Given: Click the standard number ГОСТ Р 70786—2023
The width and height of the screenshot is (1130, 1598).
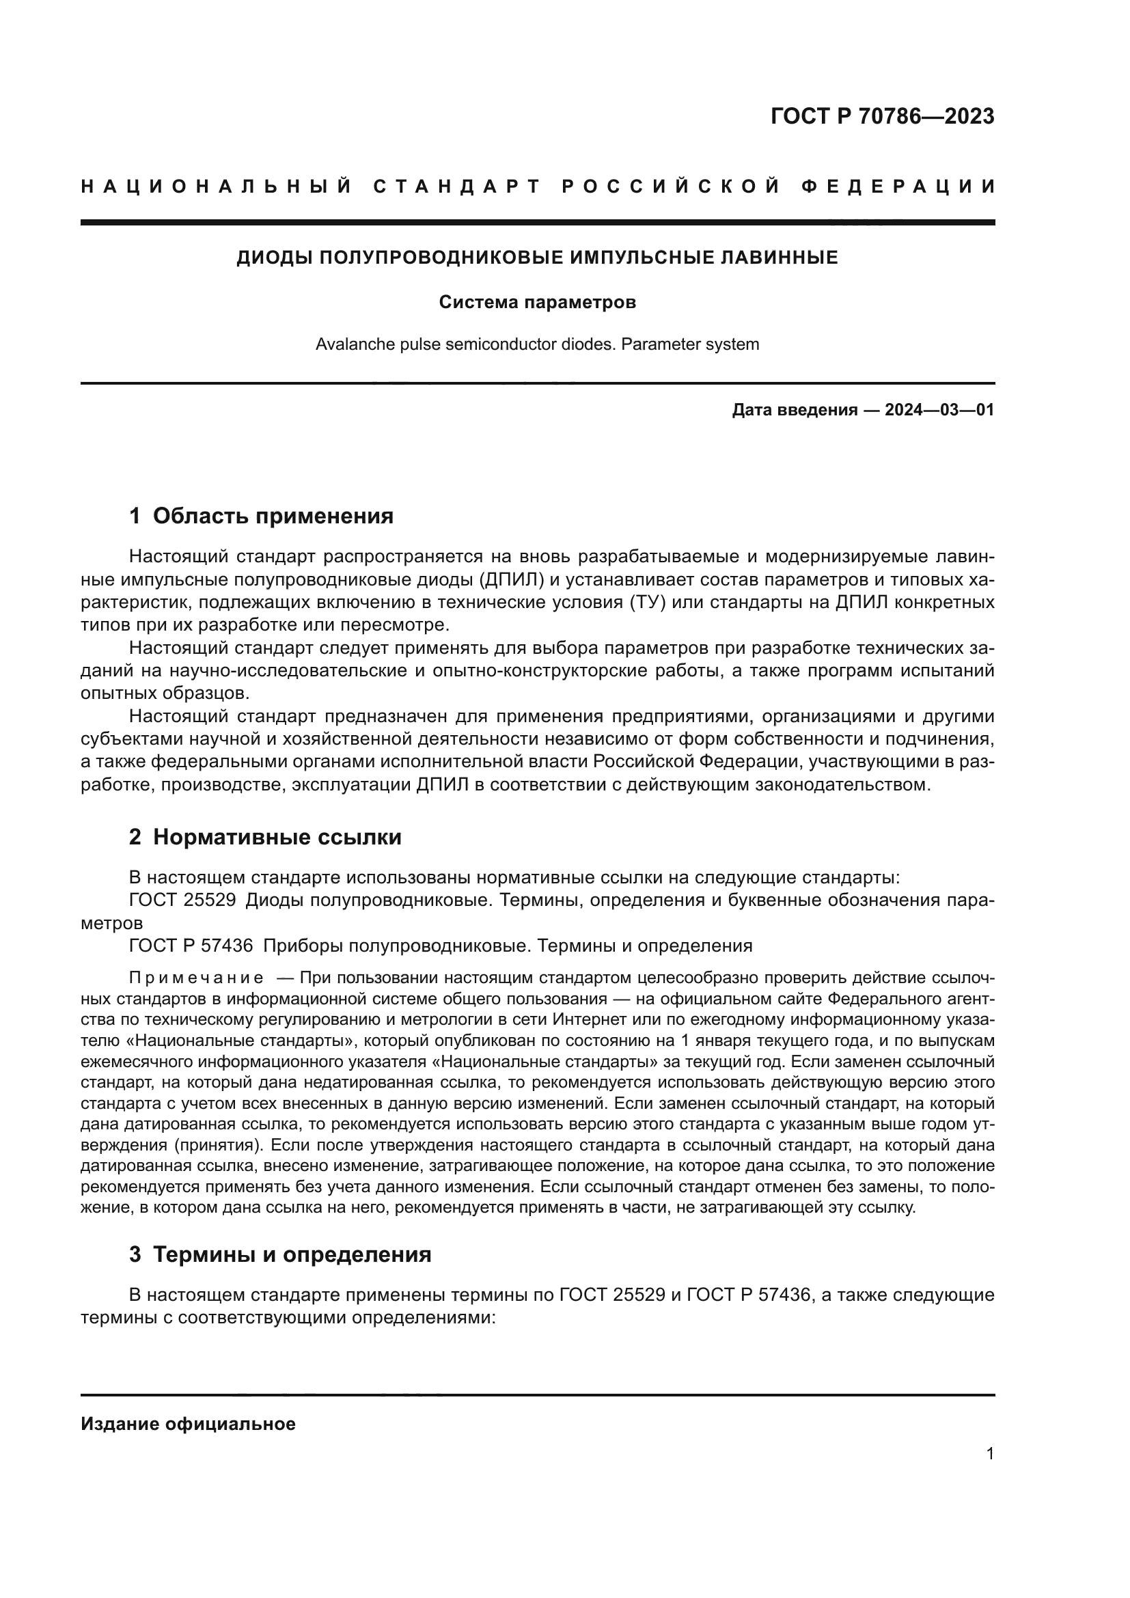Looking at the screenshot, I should pos(882,116).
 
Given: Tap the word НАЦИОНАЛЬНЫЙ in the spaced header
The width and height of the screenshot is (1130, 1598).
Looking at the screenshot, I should pos(217,187).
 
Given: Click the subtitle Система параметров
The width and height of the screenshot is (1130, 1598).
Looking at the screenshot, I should pos(537,303).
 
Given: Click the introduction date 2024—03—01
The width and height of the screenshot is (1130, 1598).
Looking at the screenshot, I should pos(939,410).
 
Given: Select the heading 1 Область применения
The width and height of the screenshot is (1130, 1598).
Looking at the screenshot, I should pos(261,516).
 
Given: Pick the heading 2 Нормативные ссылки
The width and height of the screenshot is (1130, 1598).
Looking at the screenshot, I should pos(265,838).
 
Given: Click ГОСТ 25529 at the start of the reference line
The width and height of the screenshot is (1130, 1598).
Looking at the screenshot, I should pos(182,900).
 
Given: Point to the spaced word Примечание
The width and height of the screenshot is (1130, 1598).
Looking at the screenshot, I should pos(197,978).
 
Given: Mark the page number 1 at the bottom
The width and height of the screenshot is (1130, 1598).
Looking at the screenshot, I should pos(990,1454).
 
